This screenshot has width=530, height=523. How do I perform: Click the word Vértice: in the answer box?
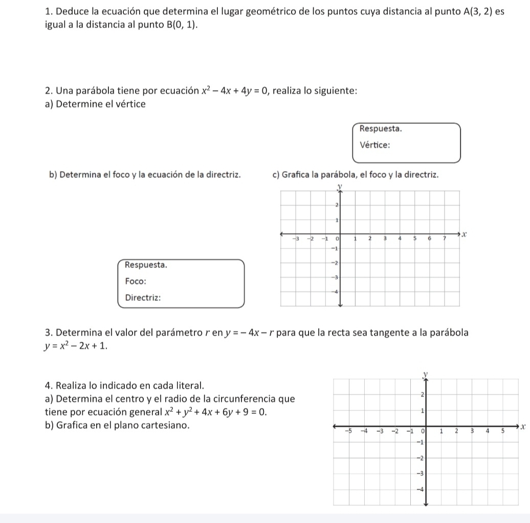click(x=375, y=144)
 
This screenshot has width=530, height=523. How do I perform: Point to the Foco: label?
click(x=136, y=281)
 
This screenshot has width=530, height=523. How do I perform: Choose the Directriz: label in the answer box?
click(x=143, y=298)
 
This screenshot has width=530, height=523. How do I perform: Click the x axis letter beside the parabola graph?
click(x=465, y=235)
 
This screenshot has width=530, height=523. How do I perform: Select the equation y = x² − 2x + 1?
click(x=77, y=346)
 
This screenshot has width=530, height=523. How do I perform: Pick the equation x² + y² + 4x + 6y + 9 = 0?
click(x=215, y=412)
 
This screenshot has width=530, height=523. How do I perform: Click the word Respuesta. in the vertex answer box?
click(x=381, y=128)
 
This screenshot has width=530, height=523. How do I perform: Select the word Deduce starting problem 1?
click(x=70, y=11)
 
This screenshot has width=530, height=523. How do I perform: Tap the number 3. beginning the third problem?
click(x=49, y=333)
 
